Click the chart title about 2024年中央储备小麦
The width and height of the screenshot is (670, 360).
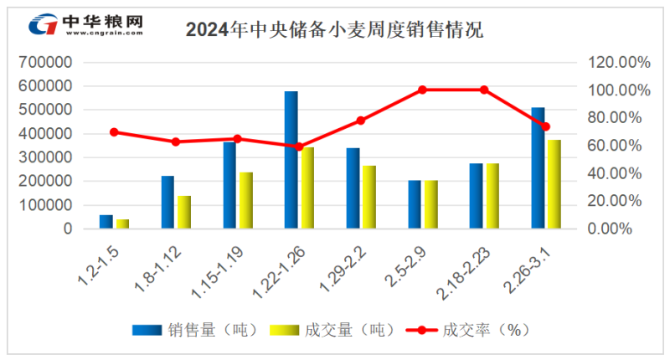pos(334,29)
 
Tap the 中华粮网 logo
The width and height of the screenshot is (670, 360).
pos(86,24)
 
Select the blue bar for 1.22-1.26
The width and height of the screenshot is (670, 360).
pos(291,160)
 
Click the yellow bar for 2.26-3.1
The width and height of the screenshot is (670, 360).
pos(554,184)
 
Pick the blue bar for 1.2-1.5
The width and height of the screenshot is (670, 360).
pos(106,222)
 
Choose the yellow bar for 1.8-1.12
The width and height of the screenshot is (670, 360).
pos(184,213)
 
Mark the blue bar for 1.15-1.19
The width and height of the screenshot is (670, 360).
pos(229,185)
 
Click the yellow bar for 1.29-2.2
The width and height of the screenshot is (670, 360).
pos(369,197)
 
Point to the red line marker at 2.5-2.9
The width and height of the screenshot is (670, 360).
pos(422,90)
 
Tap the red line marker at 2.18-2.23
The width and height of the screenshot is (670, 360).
pos(484,90)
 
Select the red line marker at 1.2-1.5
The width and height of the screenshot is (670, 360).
pos(114,132)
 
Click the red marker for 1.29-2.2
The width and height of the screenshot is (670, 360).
pos(361,121)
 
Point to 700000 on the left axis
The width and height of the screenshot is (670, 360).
pos(45,62)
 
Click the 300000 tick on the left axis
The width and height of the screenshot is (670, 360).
pos(45,157)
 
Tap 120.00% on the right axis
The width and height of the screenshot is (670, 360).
pos(619,62)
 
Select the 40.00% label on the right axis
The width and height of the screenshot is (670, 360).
pos(615,173)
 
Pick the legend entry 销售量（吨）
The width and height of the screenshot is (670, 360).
pos(195,330)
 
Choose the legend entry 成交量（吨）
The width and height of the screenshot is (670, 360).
pos(332,330)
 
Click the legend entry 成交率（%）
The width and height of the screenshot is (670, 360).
pos(468,330)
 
